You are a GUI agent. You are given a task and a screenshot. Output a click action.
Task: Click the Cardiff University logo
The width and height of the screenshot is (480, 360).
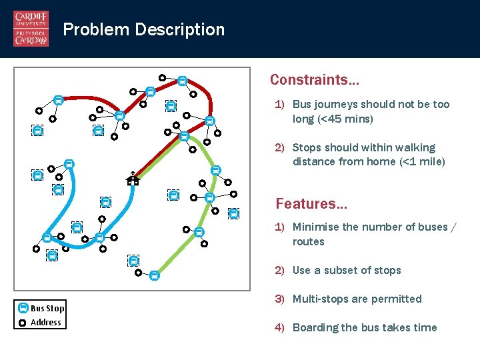[x=31, y=29]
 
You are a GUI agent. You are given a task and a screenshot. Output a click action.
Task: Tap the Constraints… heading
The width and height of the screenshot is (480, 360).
[x=314, y=80]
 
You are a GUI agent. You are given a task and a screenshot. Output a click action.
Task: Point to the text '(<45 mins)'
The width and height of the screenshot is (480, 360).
[x=333, y=119]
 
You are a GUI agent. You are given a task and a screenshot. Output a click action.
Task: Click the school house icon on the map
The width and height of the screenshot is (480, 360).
[x=133, y=178]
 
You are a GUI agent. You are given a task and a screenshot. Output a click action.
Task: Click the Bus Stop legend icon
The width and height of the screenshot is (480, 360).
[x=23, y=308]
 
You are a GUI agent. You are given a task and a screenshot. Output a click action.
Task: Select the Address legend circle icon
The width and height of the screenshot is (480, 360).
[x=23, y=322]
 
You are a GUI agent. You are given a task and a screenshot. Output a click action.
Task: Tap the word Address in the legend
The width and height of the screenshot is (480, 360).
[x=46, y=322]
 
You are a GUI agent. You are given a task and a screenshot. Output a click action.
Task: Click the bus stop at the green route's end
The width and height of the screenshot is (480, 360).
[x=154, y=275]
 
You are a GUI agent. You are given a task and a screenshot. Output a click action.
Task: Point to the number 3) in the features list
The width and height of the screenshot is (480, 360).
[x=281, y=299]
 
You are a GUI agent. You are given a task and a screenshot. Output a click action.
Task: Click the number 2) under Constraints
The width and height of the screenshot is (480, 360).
[x=281, y=147]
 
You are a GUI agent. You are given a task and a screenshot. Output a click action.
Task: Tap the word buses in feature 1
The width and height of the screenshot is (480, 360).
[x=429, y=227]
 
